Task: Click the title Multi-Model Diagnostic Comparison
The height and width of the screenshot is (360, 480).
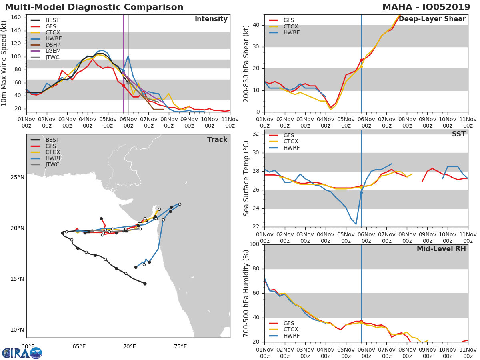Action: click(94, 7)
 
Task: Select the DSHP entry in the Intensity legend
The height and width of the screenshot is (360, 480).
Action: click(53, 45)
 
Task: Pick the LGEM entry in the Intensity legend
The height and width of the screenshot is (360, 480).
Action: click(53, 51)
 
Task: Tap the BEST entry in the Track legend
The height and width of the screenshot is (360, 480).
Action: click(52, 140)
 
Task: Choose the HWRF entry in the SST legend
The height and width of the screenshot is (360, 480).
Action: click(291, 148)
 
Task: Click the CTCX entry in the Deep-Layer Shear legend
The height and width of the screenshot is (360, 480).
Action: click(291, 26)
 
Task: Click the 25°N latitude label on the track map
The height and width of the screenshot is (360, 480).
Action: click(17, 177)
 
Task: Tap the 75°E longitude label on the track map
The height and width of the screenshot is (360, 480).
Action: click(180, 346)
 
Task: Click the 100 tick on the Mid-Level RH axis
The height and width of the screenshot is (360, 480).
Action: click(254, 244)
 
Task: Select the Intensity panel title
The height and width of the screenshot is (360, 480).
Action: click(211, 19)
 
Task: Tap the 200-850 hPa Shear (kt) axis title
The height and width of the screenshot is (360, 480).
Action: click(246, 63)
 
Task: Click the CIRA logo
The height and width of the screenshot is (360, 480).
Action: click(22, 353)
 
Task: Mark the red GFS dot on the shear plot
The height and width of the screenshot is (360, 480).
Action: click(361, 60)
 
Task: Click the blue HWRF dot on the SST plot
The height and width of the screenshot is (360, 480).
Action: click(361, 192)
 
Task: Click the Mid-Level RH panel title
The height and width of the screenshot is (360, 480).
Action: click(441, 249)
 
